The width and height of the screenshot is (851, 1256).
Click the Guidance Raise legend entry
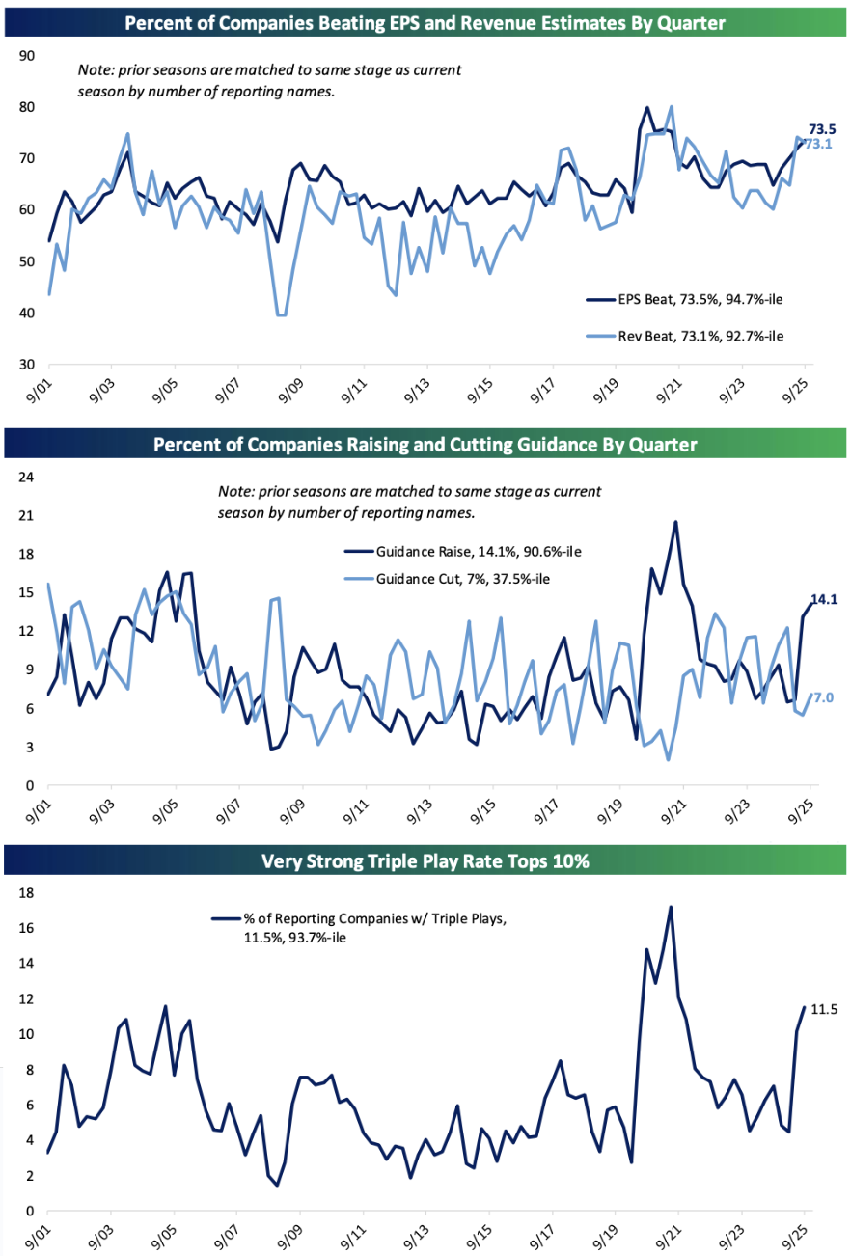pos(462,551)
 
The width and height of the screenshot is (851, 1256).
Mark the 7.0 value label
pos(825,696)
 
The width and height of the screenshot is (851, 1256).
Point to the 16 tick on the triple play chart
pos(27,928)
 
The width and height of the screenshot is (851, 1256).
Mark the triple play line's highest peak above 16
pos(670,907)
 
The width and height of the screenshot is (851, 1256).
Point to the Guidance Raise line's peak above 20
pos(675,522)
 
